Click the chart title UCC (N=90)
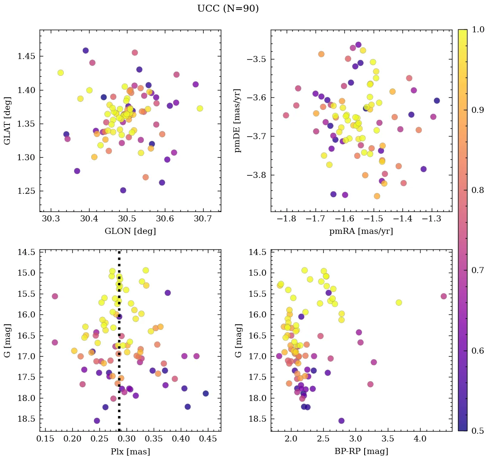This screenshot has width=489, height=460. pos(228,9)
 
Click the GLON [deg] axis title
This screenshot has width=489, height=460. pos(130,231)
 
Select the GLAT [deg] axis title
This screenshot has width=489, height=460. pos(7,121)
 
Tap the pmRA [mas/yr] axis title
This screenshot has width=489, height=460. pos(361,231)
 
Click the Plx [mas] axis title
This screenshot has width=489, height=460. pos(130,451)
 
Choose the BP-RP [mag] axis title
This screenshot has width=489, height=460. pos(361,451)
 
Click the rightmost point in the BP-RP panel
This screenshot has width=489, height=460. pos(444,296)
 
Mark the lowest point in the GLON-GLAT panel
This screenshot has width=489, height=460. pos(123,190)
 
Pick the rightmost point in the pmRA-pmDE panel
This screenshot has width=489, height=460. pos(437,101)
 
